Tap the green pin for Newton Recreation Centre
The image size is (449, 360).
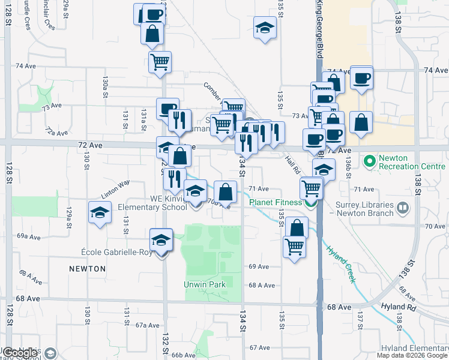coord(369,161)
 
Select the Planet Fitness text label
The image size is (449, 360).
coord(276,202)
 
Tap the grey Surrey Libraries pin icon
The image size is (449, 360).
coord(402,208)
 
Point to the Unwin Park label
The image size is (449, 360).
coord(205,284)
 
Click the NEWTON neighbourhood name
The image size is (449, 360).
coord(87,269)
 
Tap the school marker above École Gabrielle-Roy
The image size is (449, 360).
coord(160,241)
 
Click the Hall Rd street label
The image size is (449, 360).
coord(292,160)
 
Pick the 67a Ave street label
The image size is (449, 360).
coord(147,325)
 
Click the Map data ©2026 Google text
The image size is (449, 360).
coord(412,355)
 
